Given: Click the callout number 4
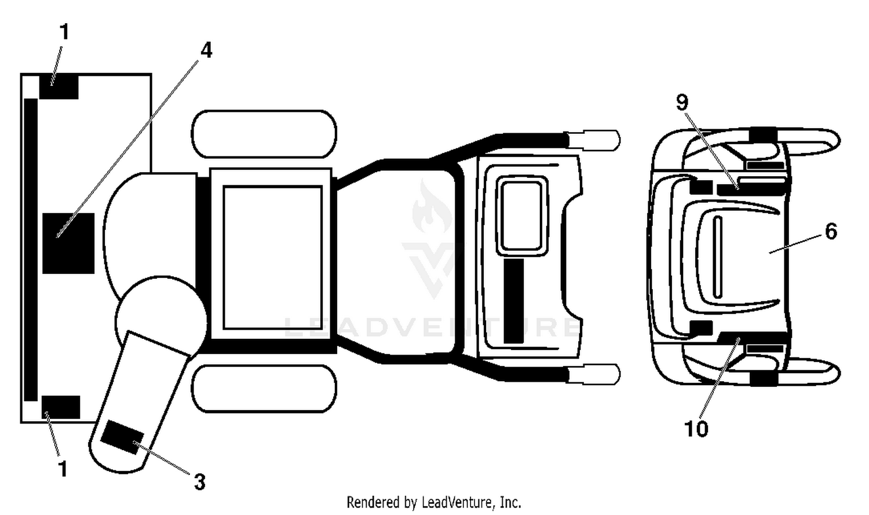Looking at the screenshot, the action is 206,50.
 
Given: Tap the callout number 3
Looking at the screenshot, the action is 199,483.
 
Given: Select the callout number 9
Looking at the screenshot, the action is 682,103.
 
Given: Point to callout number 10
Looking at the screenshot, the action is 696,429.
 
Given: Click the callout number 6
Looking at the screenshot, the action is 831,232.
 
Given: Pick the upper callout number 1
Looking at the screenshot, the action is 64,32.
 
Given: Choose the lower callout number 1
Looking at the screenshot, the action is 63,469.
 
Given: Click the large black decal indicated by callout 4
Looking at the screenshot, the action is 68,243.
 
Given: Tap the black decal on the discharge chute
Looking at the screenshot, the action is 122,437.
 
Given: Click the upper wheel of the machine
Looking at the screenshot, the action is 264,134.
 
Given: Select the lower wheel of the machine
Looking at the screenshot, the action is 264,389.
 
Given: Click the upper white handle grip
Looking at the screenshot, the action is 594,140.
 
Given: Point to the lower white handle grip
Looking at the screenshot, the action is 594,375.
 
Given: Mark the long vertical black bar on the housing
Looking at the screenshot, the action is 31,250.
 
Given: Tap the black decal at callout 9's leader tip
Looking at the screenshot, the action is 751,189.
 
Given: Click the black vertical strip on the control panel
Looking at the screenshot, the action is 514,301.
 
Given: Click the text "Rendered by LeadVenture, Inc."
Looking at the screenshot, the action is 434,503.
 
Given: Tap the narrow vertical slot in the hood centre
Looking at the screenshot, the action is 718,257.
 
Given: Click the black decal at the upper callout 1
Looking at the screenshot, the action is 59,87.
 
